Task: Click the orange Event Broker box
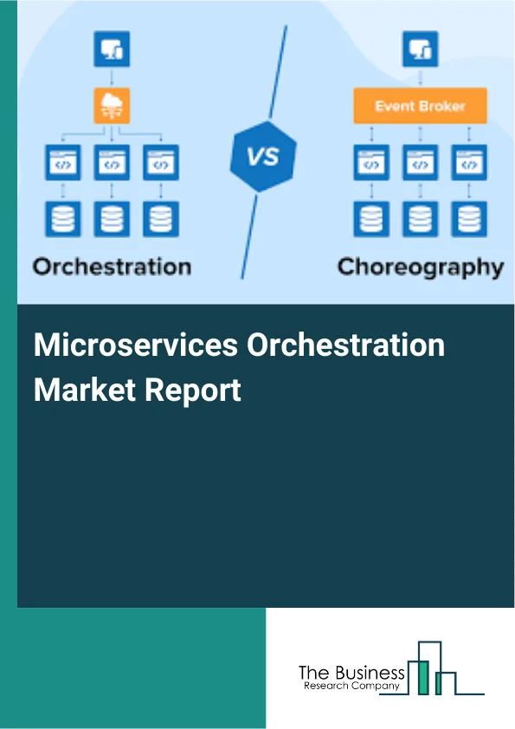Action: tap(420, 106)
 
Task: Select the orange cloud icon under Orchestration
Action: tap(112, 107)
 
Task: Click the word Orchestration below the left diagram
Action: tap(112, 266)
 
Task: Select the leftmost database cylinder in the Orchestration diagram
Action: tap(62, 218)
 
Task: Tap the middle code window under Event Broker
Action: tap(421, 162)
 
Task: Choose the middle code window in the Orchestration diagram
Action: tap(112, 162)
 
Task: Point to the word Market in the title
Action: tap(83, 390)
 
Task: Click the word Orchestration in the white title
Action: tap(346, 346)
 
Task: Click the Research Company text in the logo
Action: tap(351, 686)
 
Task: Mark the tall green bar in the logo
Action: tap(423, 676)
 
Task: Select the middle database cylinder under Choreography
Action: tap(421, 218)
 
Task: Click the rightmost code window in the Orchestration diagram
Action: tap(161, 162)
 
